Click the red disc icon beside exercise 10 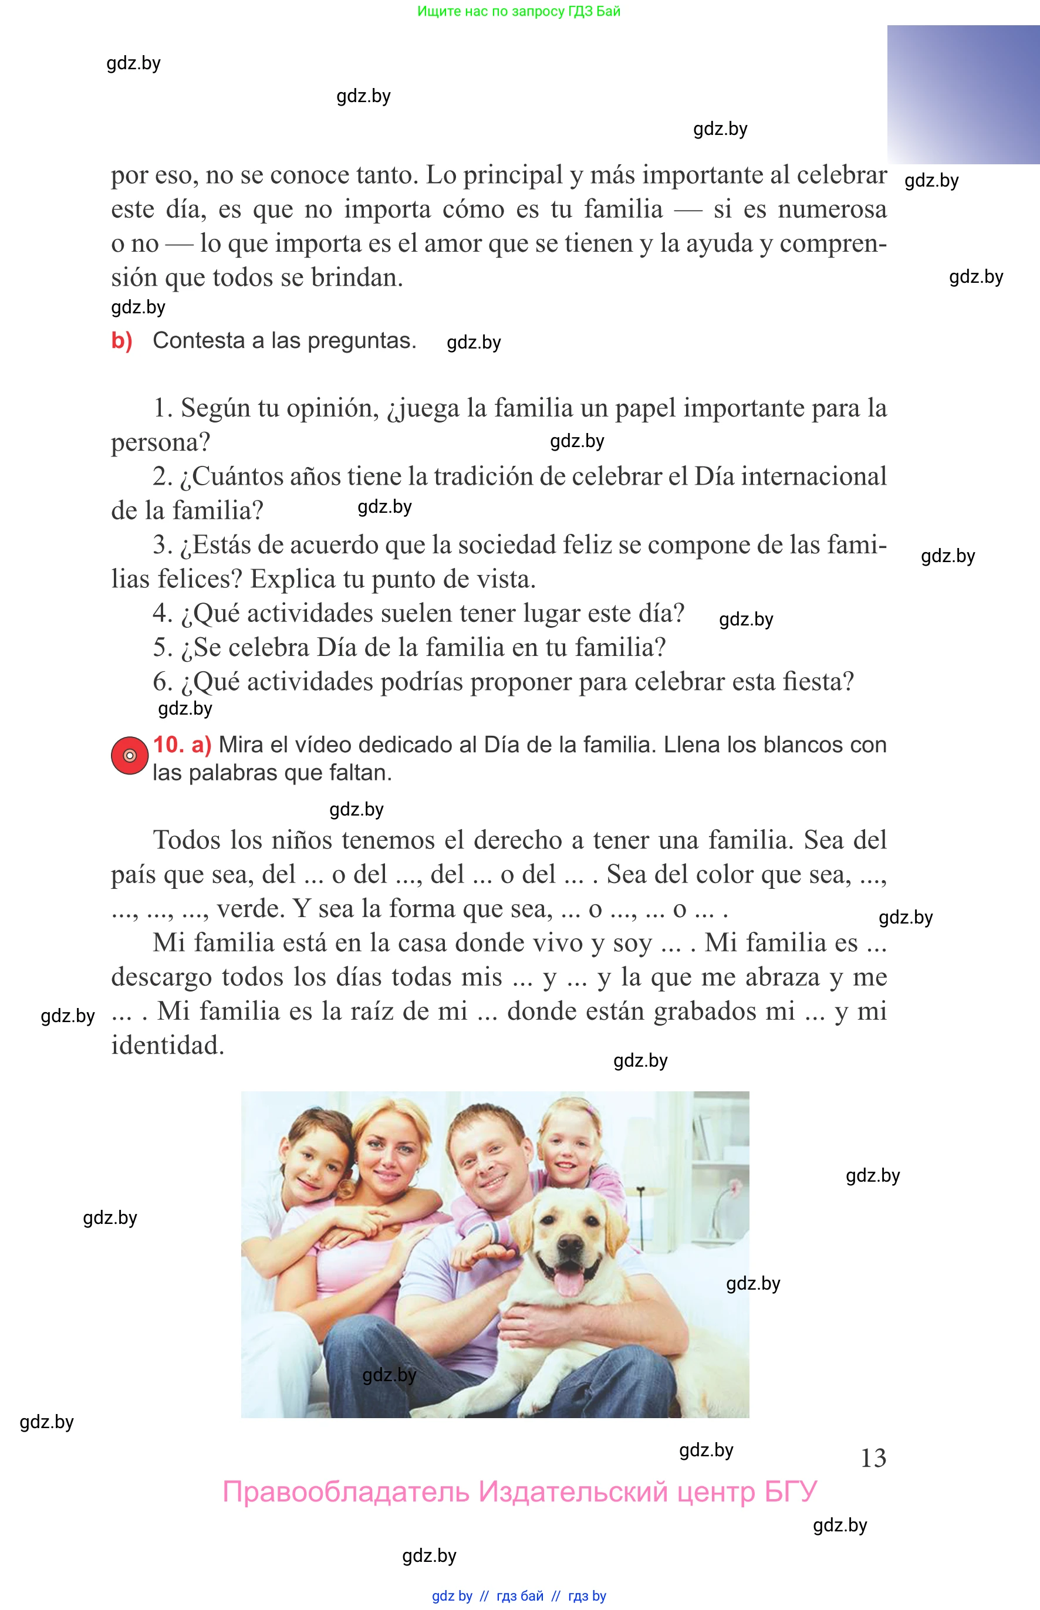(x=129, y=755)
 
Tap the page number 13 (x=873, y=1458)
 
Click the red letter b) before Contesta (x=121, y=340)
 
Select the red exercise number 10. (x=168, y=744)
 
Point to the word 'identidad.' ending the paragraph (x=167, y=1045)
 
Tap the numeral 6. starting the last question (x=163, y=682)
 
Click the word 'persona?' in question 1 (x=161, y=443)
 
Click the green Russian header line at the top (x=519, y=11)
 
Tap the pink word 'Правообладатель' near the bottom (x=346, y=1492)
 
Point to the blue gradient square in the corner (x=963, y=94)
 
